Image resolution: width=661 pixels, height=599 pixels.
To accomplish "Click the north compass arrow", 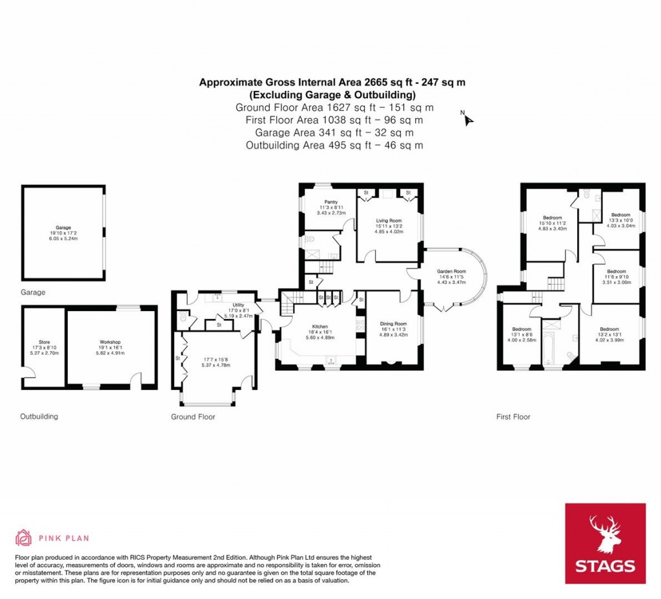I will click(x=468, y=119).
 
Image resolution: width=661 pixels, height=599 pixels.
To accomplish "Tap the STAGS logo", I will click(x=605, y=543).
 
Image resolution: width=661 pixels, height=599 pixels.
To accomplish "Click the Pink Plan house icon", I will click(x=23, y=537).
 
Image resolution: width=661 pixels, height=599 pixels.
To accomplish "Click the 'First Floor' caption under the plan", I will click(x=513, y=417).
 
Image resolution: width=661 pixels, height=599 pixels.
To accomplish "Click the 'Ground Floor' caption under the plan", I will click(x=192, y=417).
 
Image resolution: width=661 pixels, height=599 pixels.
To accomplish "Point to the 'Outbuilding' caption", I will click(x=39, y=416).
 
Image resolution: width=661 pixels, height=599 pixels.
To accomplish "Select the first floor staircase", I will click(x=555, y=283).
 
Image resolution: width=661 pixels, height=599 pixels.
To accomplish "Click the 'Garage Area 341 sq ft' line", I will click(x=334, y=132).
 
